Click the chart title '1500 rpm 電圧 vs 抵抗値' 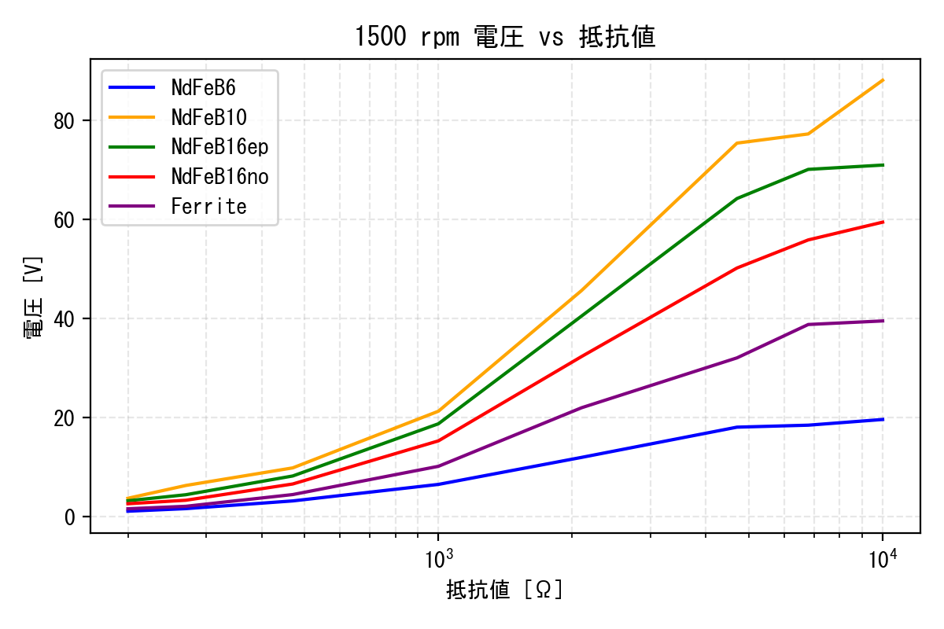(x=504, y=37)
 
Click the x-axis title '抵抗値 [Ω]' (x=504, y=590)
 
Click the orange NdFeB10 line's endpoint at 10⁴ (x=883, y=80)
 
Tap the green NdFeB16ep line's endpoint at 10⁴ (x=883, y=165)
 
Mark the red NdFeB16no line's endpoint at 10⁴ (x=883, y=222)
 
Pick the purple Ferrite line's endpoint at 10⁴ (x=883, y=321)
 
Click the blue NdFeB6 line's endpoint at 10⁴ (x=883, y=419)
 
